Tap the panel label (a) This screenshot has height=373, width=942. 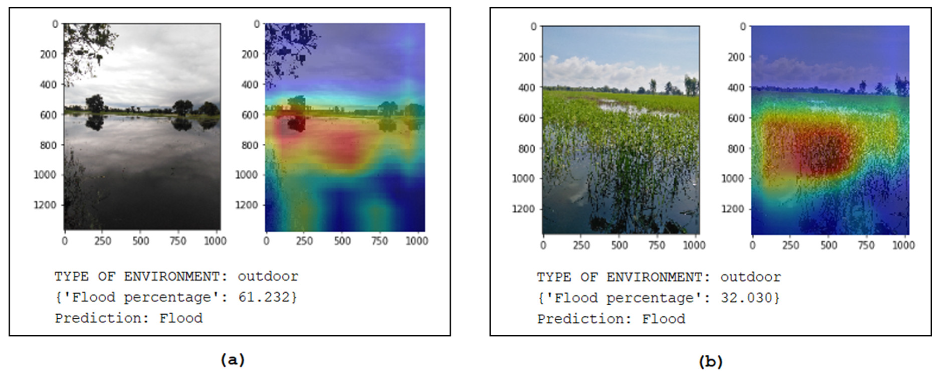pos(232,360)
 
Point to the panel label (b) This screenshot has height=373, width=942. pos(711,361)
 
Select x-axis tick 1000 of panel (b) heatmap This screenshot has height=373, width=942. pos(903,245)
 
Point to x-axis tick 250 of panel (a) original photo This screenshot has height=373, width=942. pos(103,241)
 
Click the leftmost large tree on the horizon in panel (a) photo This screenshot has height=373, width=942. pos(95,103)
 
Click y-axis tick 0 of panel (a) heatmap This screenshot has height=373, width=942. pos(257,24)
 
